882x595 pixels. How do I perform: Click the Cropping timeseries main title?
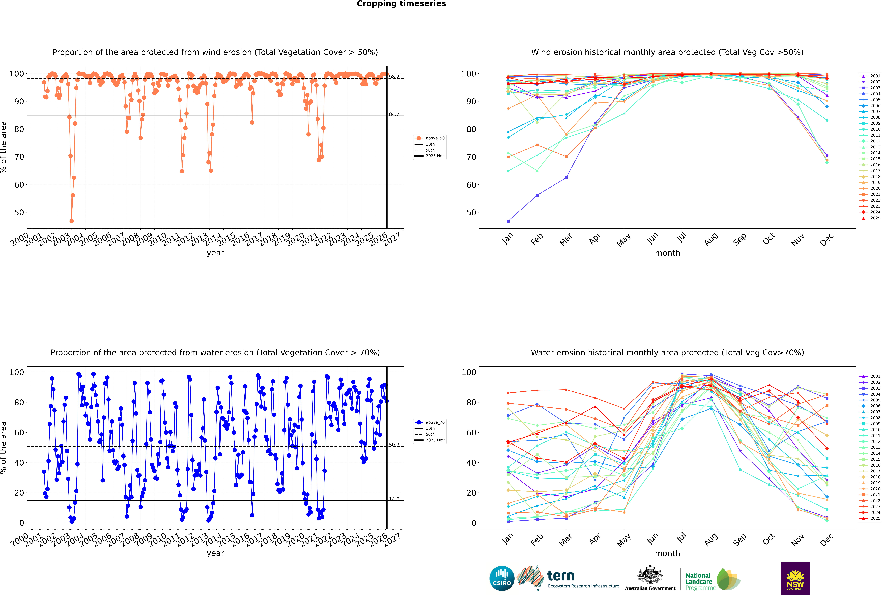(401, 4)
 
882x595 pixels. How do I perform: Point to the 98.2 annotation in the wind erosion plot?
(394, 77)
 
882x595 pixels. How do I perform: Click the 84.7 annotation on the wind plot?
(394, 114)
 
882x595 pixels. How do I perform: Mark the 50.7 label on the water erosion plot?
(394, 445)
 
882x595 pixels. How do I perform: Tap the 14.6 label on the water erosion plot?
(394, 499)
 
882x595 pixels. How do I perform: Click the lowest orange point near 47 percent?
(72, 221)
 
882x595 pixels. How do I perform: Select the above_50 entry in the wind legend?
(435, 138)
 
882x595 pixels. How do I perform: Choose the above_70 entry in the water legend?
(435, 422)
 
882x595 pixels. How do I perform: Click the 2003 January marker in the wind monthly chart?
(508, 221)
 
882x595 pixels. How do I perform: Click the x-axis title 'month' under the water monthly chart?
(667, 554)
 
